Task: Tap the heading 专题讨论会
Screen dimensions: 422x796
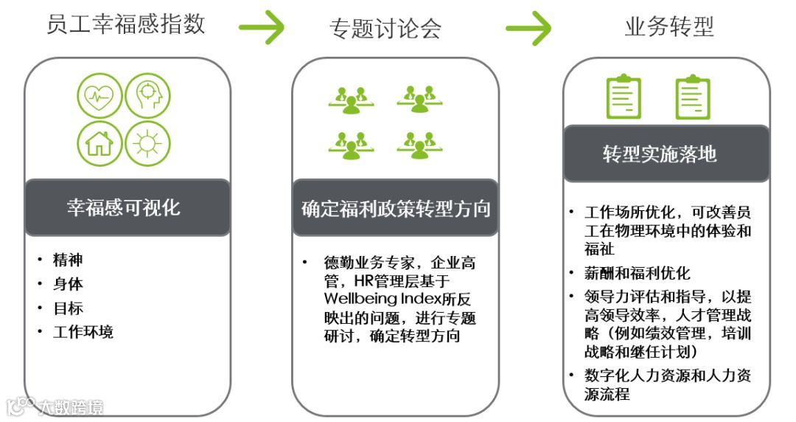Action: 385,28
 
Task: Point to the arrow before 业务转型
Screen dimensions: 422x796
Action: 528,28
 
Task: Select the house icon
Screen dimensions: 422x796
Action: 99,142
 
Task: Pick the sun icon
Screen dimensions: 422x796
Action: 147,142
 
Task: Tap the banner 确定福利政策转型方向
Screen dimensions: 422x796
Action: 396,208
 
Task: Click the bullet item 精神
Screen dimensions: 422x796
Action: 68,260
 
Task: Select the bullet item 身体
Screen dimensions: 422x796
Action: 68,284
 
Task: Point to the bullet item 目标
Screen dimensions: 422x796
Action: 68,308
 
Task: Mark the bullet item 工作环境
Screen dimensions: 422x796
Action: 83,332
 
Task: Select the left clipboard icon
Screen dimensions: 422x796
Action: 624,97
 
